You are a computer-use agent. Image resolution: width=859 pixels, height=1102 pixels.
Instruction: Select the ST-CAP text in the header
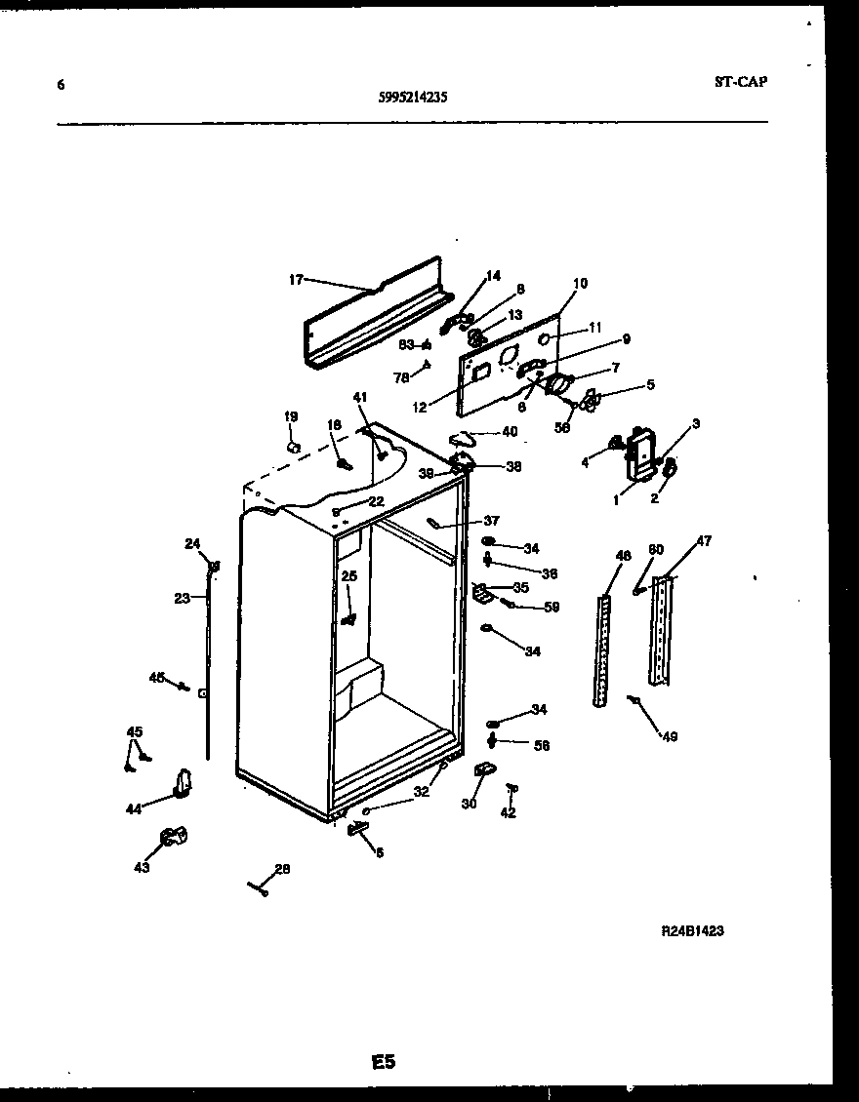[740, 81]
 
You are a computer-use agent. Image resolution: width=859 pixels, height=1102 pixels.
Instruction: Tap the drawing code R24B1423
[692, 930]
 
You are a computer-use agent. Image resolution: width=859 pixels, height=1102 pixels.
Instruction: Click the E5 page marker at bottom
[384, 1061]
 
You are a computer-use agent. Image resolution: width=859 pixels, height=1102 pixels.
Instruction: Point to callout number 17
[296, 280]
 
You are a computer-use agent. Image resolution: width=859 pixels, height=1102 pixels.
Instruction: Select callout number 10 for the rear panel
[580, 284]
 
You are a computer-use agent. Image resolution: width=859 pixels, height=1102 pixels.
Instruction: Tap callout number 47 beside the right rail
[703, 540]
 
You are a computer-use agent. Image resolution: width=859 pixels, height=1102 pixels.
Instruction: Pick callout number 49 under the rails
[668, 737]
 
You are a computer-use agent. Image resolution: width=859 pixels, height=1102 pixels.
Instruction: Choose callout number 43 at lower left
[143, 867]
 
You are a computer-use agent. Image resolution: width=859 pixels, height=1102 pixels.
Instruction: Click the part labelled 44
[182, 781]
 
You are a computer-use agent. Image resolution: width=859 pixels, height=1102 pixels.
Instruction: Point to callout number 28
[282, 869]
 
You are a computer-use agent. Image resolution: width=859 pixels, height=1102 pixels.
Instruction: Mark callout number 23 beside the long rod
[183, 599]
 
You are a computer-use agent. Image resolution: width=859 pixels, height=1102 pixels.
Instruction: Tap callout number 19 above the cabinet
[291, 416]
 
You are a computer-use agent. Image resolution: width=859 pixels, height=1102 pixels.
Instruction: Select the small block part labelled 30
[481, 773]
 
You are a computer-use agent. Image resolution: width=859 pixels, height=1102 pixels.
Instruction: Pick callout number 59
[552, 607]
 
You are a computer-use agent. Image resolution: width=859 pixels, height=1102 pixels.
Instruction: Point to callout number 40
[509, 432]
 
